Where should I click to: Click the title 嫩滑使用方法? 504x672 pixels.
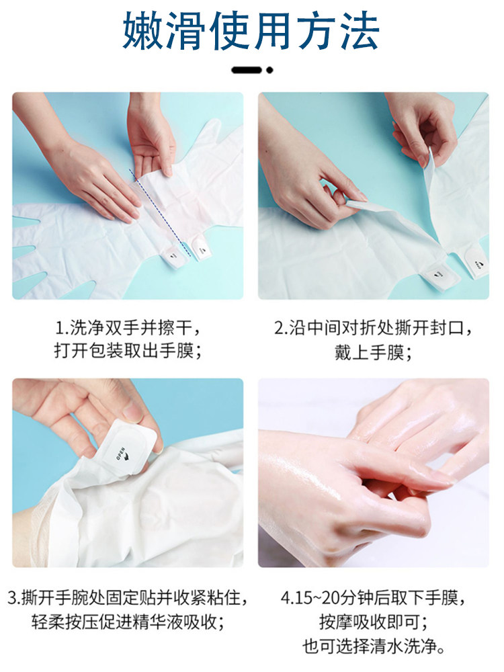251,32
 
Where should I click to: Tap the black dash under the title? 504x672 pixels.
247,70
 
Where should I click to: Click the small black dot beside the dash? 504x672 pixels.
269,70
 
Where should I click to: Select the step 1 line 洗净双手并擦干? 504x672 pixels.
128,329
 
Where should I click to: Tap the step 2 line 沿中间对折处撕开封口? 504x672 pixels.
373,329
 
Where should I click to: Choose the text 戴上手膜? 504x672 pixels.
373,352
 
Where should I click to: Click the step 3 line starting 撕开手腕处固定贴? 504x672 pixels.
128,597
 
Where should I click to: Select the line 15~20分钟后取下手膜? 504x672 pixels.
373,597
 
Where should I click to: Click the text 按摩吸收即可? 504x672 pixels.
373,622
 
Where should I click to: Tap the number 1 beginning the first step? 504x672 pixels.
60,329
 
